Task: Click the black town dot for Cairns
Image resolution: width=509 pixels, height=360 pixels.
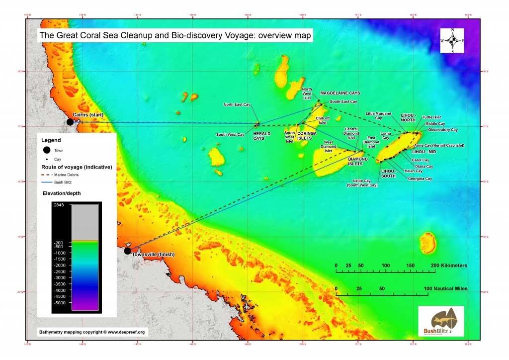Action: (70, 122)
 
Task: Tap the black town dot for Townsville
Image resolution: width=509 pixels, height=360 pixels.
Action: (127, 251)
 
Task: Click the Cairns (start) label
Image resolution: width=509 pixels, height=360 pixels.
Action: (88, 115)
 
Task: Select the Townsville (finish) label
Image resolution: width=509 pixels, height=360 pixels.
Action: (157, 254)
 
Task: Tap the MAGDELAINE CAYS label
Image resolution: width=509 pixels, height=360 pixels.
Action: (340, 93)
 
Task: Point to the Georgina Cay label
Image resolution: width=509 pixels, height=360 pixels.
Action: (420, 179)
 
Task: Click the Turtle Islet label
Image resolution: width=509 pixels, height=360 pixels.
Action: (431, 117)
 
